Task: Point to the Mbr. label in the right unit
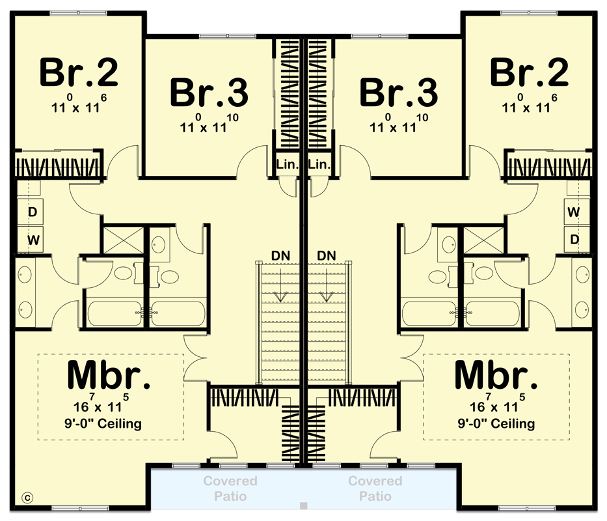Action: (496, 376)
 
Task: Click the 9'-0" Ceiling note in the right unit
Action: (496, 424)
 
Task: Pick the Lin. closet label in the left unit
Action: (287, 165)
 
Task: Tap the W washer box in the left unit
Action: (33, 240)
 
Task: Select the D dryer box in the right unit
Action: (574, 240)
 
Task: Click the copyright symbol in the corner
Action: (27, 498)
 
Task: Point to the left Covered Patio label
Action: (230, 488)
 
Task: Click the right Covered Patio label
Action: (375, 488)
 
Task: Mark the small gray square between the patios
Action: (303, 505)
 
